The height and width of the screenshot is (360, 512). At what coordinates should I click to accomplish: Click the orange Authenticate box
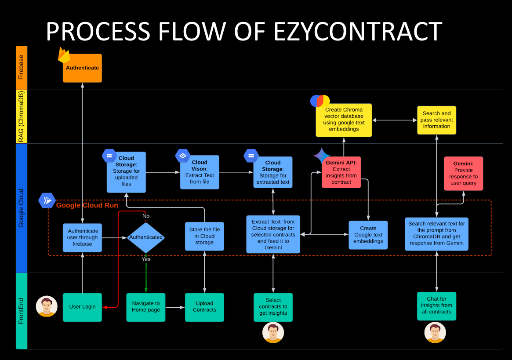[x=82, y=68]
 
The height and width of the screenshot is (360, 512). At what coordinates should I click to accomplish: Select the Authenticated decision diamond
[x=145, y=237]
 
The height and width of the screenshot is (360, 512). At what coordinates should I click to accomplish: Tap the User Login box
[x=82, y=307]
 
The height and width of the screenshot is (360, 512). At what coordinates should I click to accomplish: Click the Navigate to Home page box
[x=146, y=307]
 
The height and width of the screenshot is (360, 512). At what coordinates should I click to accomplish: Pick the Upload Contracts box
[x=204, y=307]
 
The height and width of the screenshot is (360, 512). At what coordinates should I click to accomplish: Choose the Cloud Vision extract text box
[x=200, y=172]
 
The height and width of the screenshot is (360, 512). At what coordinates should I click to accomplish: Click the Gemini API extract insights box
[x=341, y=172]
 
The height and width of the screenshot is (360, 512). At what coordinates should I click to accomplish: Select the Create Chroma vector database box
[x=344, y=120]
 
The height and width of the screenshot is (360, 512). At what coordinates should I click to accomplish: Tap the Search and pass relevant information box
[x=436, y=120]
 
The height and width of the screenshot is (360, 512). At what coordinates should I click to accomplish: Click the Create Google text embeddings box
[x=368, y=235]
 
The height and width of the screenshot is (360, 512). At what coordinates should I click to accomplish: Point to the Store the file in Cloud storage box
[x=204, y=236]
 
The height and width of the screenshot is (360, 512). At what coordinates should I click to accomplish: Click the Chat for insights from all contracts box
[x=436, y=305]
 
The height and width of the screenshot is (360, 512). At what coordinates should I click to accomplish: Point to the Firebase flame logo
[x=64, y=55]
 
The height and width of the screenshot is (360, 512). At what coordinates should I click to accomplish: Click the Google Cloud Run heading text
[x=87, y=205]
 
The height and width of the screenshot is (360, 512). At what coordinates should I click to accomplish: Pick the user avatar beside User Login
[x=47, y=306]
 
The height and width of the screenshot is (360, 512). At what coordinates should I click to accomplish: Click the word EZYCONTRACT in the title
[x=358, y=32]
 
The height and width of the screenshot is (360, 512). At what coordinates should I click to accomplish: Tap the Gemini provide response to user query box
[x=463, y=174]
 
